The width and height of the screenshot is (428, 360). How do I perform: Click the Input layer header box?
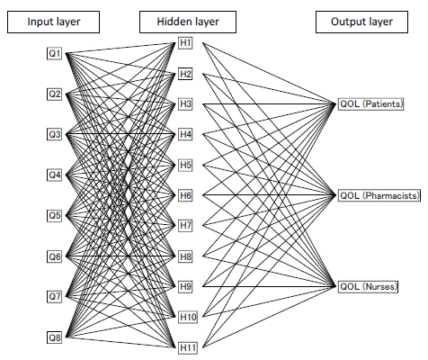pyautogui.click(x=53, y=22)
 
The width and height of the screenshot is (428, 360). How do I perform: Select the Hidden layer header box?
pyautogui.click(x=188, y=22)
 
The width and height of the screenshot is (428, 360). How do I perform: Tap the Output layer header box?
pyautogui.click(x=361, y=22)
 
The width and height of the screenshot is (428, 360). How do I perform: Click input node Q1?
pyautogui.click(x=54, y=54)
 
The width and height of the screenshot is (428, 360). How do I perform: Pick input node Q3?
pyautogui.click(x=54, y=134)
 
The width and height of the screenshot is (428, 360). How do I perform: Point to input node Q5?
pyautogui.click(x=54, y=215)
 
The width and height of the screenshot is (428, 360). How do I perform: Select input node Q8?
pyautogui.click(x=54, y=337)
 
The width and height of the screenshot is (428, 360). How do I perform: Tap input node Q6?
pyautogui.click(x=54, y=256)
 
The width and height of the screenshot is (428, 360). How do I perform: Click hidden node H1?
pyautogui.click(x=185, y=43)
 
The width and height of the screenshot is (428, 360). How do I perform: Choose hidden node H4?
pyautogui.click(x=185, y=134)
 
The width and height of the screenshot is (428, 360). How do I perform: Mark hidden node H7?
pyautogui.click(x=185, y=226)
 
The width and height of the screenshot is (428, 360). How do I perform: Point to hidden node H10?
pyautogui.click(x=188, y=317)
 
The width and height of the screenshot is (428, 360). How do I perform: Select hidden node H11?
pyautogui.click(x=188, y=348)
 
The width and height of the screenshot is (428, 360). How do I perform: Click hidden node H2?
pyautogui.click(x=185, y=74)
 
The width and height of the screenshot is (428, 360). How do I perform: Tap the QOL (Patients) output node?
pyautogui.click(x=371, y=104)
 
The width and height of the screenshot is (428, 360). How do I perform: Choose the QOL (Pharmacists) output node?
pyautogui.click(x=379, y=195)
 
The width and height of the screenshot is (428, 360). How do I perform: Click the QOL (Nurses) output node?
pyautogui.click(x=368, y=286)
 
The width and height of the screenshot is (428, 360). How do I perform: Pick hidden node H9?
pyautogui.click(x=185, y=286)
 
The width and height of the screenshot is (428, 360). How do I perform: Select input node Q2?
pyautogui.click(x=54, y=94)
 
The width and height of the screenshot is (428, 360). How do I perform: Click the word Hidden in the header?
pyautogui.click(x=172, y=22)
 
